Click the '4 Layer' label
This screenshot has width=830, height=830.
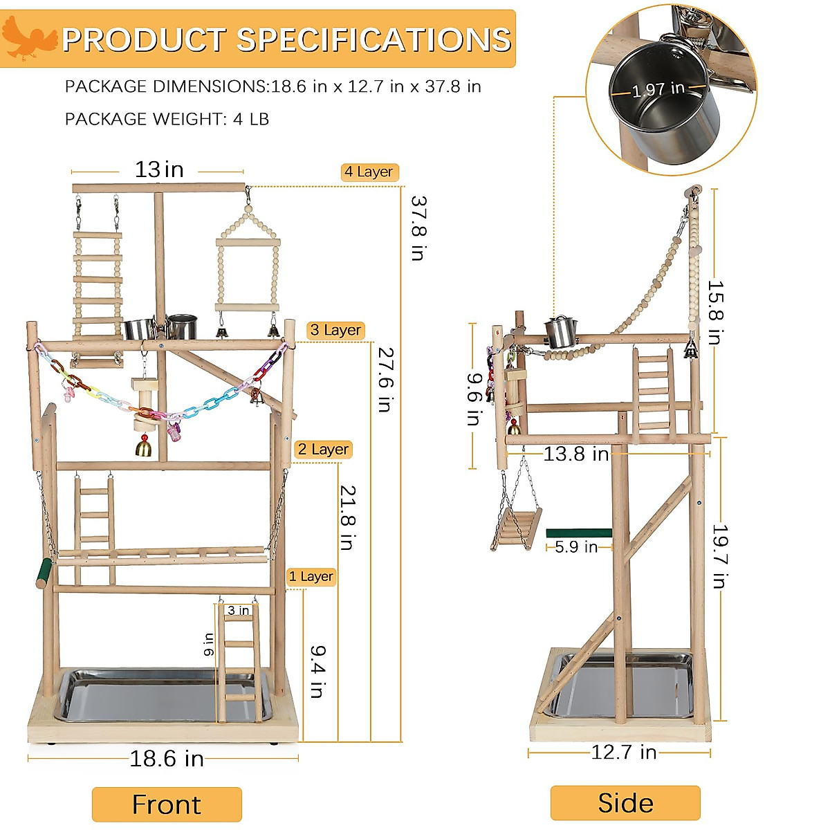click(369, 172)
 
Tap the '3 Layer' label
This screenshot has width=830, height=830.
click(335, 331)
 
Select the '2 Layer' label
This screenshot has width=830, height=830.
click(323, 450)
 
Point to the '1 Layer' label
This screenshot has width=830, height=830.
click(311, 577)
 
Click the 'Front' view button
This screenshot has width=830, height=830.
click(167, 804)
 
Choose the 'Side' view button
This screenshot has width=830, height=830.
click(625, 803)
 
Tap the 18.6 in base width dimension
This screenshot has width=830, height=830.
click(167, 759)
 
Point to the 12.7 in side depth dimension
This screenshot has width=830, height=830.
click(623, 753)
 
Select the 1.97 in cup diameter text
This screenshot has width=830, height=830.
click(658, 89)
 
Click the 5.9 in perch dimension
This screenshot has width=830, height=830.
click(576, 547)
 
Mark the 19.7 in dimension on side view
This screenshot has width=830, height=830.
click(719, 556)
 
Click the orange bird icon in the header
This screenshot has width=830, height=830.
click(29, 39)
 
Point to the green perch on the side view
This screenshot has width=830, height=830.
click(579, 533)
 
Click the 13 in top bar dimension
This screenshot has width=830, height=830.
click(159, 169)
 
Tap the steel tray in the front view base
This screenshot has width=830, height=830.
click(138, 695)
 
